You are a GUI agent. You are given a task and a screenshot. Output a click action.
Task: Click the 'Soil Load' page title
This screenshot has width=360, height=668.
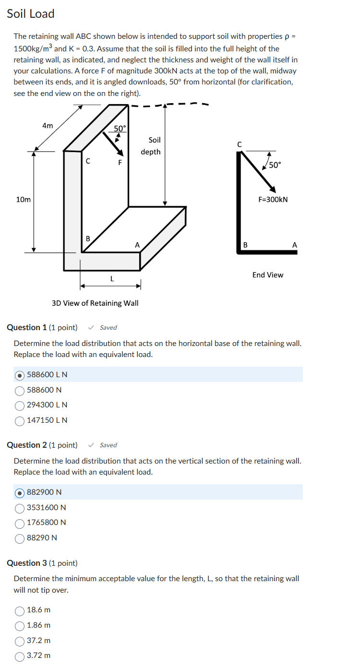[31, 14]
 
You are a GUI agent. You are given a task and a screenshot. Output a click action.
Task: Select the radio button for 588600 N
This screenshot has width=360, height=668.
[20, 390]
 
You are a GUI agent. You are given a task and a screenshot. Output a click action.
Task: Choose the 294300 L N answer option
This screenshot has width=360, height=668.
[20, 405]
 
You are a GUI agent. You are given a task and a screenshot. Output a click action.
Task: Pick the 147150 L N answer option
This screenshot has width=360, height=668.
[20, 420]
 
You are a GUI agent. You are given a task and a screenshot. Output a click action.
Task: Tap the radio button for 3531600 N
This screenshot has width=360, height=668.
[20, 508]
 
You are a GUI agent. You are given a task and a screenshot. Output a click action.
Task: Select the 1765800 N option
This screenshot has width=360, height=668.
[20, 523]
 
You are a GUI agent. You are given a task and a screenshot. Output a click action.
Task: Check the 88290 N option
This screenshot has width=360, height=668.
[20, 538]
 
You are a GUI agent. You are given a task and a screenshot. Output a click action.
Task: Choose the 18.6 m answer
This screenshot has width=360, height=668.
[20, 610]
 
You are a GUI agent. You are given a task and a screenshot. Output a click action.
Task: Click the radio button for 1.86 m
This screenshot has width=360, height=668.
[20, 625]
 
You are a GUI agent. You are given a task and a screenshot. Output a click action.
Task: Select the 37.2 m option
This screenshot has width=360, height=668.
[20, 641]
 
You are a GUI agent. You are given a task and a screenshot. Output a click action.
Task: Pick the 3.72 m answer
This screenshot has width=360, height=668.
[20, 656]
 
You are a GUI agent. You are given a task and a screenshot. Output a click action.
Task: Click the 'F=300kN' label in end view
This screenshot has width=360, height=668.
[273, 200]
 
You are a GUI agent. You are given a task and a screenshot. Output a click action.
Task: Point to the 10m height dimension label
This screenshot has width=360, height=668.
[23, 200]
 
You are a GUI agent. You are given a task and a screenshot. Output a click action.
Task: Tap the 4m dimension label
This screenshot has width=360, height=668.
[48, 126]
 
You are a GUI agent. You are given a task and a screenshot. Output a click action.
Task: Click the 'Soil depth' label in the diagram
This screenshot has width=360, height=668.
[151, 146]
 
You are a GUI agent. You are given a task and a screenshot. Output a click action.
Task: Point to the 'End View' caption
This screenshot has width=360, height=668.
[268, 275]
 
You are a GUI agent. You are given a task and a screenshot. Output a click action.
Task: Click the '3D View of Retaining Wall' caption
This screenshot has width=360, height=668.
[95, 303]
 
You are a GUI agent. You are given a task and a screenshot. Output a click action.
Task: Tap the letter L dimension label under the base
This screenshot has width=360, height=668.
[112, 278]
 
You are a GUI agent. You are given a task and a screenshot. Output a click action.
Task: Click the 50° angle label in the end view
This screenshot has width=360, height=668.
[275, 165]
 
